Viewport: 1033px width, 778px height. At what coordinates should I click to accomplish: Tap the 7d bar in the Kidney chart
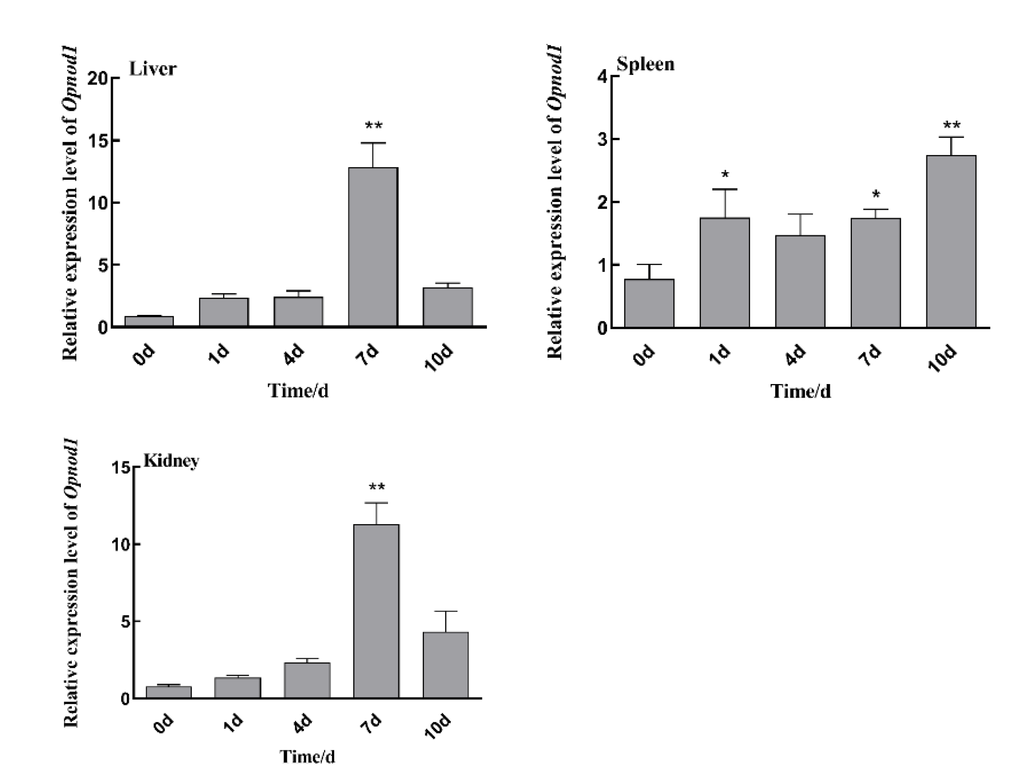(376, 611)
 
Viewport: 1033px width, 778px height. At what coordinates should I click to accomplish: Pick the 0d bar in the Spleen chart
(649, 303)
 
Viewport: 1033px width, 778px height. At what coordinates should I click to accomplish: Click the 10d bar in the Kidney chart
(445, 665)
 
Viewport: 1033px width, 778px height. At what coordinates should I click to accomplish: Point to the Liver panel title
(153, 69)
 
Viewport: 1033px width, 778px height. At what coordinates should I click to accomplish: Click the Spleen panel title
(645, 64)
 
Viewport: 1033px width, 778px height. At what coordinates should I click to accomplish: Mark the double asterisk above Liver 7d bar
(373, 126)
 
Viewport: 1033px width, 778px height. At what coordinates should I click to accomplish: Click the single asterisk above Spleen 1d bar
(725, 175)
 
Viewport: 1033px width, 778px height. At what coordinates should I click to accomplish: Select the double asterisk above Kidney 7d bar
(376, 487)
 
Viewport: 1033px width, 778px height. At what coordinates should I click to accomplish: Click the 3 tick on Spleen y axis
(602, 140)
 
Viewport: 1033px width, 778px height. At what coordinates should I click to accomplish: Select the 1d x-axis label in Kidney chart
(232, 723)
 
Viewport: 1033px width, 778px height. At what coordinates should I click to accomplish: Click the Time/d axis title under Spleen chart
(800, 391)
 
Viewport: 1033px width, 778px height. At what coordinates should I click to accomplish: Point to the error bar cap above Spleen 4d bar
(800, 214)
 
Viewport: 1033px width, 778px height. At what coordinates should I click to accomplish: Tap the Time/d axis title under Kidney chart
(307, 756)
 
